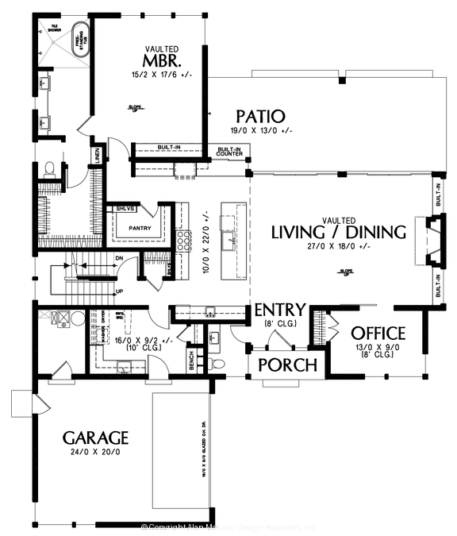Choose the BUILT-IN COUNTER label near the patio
pyautogui.click(x=229, y=151)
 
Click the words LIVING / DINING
pyautogui.click(x=338, y=232)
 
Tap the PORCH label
pyautogui.click(x=289, y=365)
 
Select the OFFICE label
pyautogui.click(x=378, y=334)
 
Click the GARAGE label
pyautogui.click(x=95, y=438)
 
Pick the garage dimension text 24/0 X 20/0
pyautogui.click(x=94, y=453)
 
